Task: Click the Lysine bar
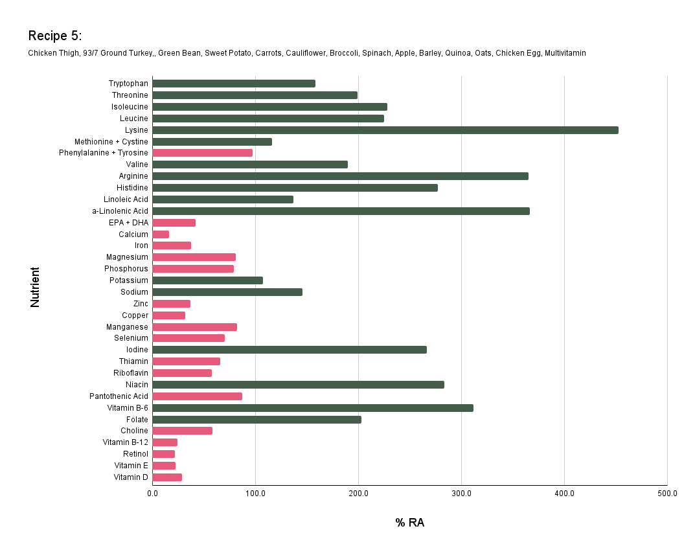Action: click(x=385, y=130)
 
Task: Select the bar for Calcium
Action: click(x=161, y=234)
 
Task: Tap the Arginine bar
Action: click(x=340, y=176)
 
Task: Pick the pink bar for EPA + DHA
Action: click(x=174, y=223)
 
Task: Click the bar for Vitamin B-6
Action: click(x=312, y=408)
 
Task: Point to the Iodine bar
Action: click(x=289, y=350)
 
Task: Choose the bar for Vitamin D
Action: click(x=167, y=477)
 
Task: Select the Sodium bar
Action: click(x=227, y=292)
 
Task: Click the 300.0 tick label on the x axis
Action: click(x=461, y=494)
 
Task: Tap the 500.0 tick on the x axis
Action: click(x=667, y=494)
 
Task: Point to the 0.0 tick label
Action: click(x=153, y=494)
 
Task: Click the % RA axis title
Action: click(x=409, y=523)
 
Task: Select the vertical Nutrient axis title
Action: click(x=35, y=287)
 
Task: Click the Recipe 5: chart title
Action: click(x=54, y=36)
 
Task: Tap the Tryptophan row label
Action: click(x=128, y=84)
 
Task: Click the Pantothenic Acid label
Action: click(x=119, y=396)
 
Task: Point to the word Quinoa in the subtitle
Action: click(x=457, y=53)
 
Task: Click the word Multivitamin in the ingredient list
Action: click(x=565, y=53)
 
